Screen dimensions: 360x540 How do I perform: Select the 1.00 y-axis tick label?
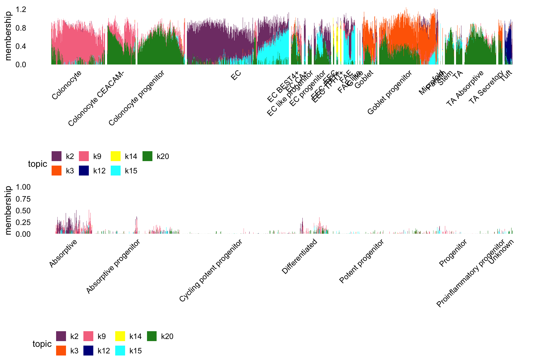(x=23, y=187)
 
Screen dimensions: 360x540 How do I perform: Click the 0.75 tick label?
(x=23, y=199)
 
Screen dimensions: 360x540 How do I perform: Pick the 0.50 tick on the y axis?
(x=23, y=211)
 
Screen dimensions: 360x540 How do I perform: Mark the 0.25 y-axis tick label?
(x=23, y=222)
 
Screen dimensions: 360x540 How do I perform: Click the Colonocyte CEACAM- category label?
(x=96, y=99)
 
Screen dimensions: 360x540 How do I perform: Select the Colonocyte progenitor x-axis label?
(x=136, y=98)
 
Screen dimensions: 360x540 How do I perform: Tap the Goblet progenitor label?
(x=389, y=93)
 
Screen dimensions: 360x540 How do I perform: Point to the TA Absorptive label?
(x=465, y=88)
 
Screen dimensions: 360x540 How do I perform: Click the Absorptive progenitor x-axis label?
(x=113, y=267)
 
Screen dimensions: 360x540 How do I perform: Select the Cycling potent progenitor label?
(x=211, y=271)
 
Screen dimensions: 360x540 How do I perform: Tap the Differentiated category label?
(x=299, y=256)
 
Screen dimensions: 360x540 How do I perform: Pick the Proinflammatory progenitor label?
(x=470, y=273)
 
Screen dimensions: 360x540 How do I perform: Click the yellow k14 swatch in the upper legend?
(x=115, y=156)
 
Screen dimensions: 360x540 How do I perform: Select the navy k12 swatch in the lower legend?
(x=88, y=351)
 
